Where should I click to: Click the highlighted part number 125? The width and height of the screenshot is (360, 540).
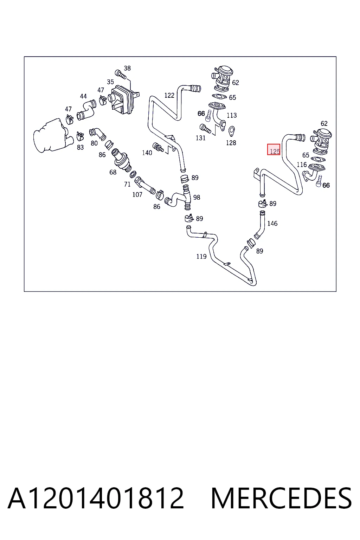tap(275, 152)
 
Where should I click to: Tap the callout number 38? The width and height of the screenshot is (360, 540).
tap(127, 68)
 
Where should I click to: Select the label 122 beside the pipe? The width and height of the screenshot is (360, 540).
tap(169, 96)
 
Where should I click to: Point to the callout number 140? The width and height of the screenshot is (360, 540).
tap(147, 153)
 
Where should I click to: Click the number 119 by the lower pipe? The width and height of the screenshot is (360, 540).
tap(201, 257)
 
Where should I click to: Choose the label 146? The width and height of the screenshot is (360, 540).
tap(272, 224)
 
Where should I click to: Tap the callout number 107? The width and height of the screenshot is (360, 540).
tap(137, 194)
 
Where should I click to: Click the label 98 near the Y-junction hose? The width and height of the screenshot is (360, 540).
tap(197, 198)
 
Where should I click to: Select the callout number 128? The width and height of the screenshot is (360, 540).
tap(231, 143)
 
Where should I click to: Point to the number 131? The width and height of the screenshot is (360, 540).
tap(201, 138)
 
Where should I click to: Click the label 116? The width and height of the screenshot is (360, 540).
tap(302, 165)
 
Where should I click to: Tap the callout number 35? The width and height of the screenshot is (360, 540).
tap(110, 82)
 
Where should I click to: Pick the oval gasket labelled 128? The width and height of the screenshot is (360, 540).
tap(231, 131)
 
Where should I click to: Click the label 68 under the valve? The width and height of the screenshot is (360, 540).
tap(113, 172)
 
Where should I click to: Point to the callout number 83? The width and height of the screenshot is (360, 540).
tap(80, 147)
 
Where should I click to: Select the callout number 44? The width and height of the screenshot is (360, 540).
tap(83, 96)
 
